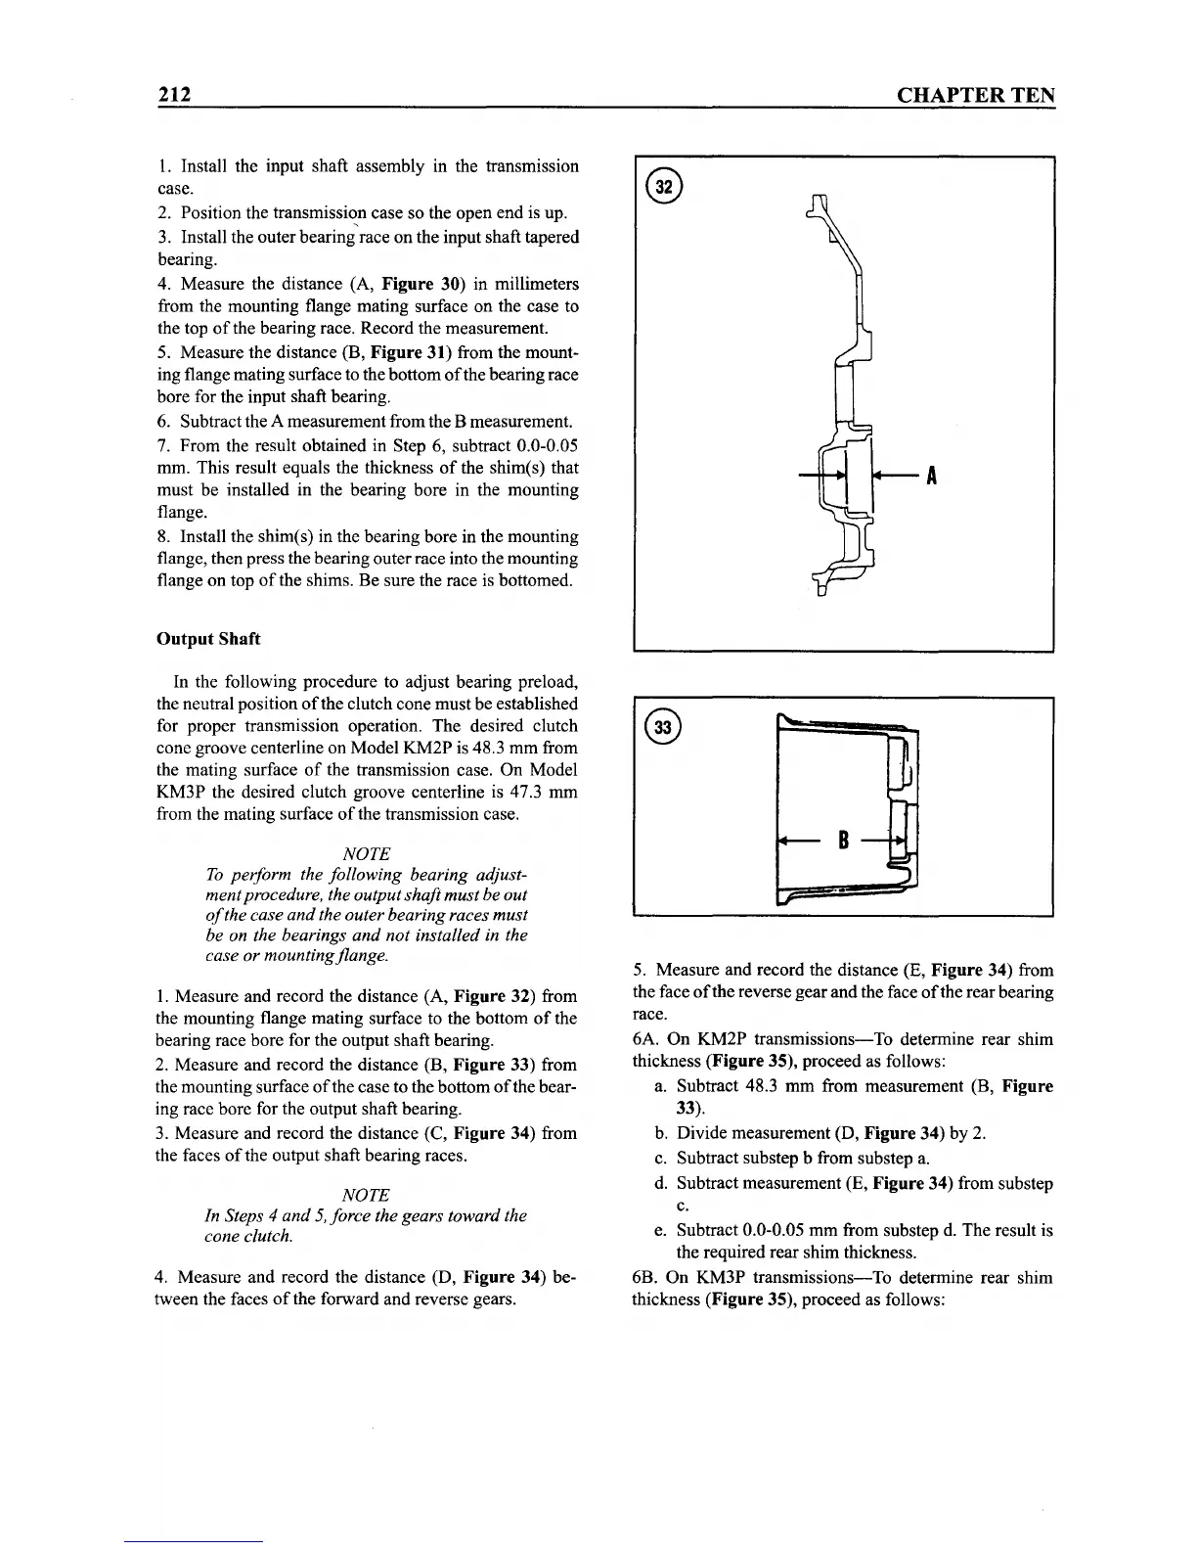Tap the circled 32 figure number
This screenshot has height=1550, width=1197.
pyautogui.click(x=663, y=186)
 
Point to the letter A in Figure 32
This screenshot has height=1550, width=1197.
pyautogui.click(x=932, y=477)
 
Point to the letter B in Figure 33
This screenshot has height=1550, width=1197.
pyautogui.click(x=841, y=840)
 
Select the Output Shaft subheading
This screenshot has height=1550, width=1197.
pyautogui.click(x=208, y=639)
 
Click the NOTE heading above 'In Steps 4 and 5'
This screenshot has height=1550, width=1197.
pyautogui.click(x=367, y=1195)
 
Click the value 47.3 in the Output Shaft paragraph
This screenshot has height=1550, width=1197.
pyautogui.click(x=523, y=792)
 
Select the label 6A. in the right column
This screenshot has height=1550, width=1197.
pyautogui.click(x=646, y=1039)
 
